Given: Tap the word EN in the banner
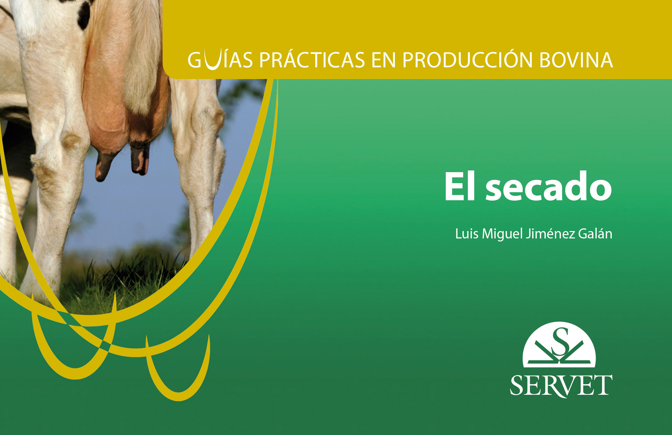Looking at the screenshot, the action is [x=384, y=60].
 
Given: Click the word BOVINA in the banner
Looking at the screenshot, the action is [x=576, y=60].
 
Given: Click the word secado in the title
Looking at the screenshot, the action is [x=549, y=187].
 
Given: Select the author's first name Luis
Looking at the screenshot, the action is [x=467, y=233].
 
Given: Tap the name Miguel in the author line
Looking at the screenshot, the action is [x=502, y=234].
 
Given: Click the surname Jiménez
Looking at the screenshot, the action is [x=550, y=233].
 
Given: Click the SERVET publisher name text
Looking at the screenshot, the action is [x=561, y=386].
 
